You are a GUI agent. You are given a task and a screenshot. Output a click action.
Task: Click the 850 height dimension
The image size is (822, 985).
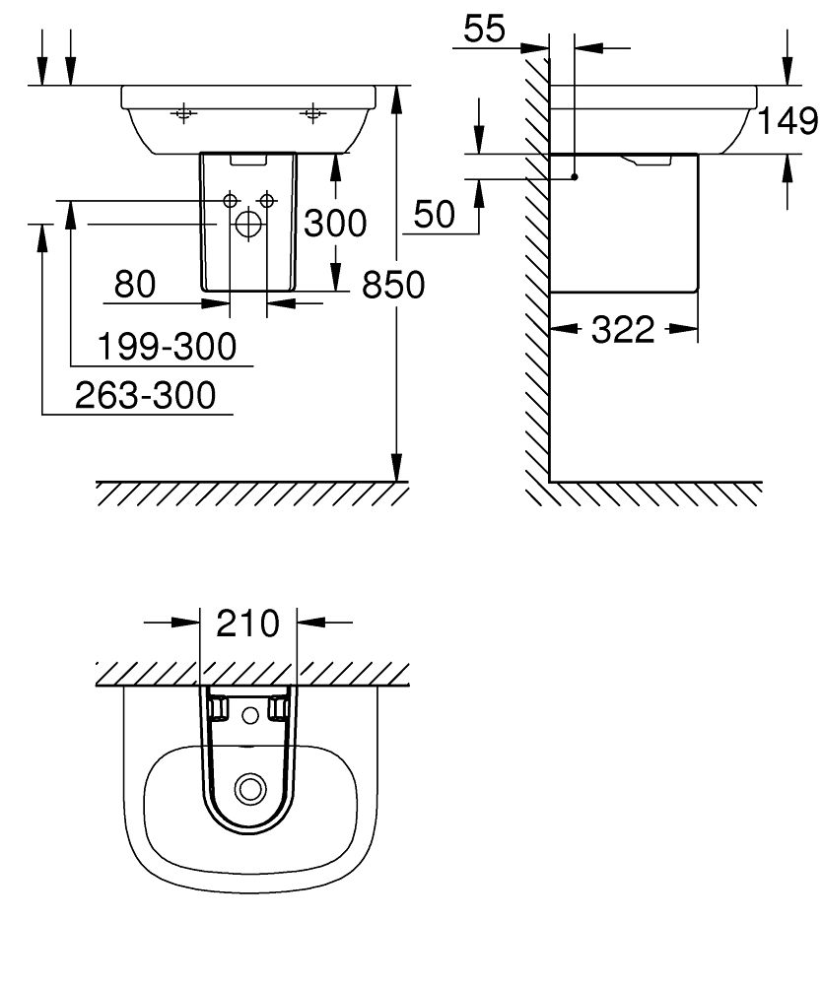pyautogui.click(x=393, y=285)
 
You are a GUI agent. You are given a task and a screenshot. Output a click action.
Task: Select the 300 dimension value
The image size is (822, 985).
pyautogui.click(x=334, y=224)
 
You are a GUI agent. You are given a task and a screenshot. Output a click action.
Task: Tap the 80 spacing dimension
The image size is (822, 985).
pyautogui.click(x=135, y=285)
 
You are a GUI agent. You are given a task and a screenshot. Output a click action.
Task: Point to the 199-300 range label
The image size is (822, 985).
pyautogui.click(x=168, y=346)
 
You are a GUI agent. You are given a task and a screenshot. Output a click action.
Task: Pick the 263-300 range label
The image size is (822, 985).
pyautogui.click(x=145, y=395)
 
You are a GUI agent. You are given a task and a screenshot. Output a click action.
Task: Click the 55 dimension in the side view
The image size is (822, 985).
pyautogui.click(x=484, y=30)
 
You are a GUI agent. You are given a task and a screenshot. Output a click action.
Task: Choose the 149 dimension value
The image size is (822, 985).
pyautogui.click(x=788, y=120)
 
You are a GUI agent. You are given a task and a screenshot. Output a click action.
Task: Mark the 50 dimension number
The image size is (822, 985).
pyautogui.click(x=435, y=214)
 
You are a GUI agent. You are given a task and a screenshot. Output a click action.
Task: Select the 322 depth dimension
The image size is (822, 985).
pyautogui.click(x=623, y=330)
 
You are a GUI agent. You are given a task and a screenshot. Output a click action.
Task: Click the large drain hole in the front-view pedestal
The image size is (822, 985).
pyautogui.click(x=248, y=226)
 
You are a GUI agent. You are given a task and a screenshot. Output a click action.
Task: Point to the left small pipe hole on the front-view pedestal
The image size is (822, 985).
pyautogui.click(x=231, y=200)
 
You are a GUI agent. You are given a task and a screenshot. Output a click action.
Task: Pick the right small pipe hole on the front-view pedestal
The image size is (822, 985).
pyautogui.click(x=266, y=200)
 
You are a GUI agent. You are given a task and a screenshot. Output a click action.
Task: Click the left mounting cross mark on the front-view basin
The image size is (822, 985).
pyautogui.click(x=182, y=114)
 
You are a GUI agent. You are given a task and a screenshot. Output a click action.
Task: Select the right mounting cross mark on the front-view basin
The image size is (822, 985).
pyautogui.click(x=313, y=114)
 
